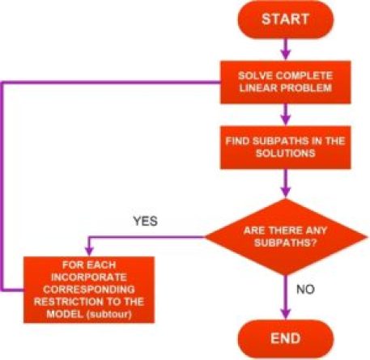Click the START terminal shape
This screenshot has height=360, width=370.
click(286, 19)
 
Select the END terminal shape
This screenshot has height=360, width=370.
click(286, 339)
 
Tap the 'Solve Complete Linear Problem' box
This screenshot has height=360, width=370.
click(286, 82)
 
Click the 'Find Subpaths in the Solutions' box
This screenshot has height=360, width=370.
click(286, 147)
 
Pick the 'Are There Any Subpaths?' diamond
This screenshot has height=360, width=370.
click(286, 237)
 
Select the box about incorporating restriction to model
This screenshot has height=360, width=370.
click(89, 290)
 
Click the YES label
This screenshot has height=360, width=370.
click(145, 221)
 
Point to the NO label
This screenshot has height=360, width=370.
click(305, 290)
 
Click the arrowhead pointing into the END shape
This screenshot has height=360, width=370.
click(286, 315)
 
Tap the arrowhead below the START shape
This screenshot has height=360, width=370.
click(286, 55)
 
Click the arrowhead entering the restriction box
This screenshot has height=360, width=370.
click(89, 251)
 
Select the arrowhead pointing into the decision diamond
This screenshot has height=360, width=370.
click(286, 193)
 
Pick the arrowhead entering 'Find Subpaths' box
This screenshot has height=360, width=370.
click(286, 121)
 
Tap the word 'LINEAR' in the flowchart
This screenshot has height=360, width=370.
click(256, 88)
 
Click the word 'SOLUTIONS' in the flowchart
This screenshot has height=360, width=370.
click(286, 153)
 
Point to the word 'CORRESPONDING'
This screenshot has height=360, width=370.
click(89, 290)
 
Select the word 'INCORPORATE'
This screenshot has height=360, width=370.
click(89, 277)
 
